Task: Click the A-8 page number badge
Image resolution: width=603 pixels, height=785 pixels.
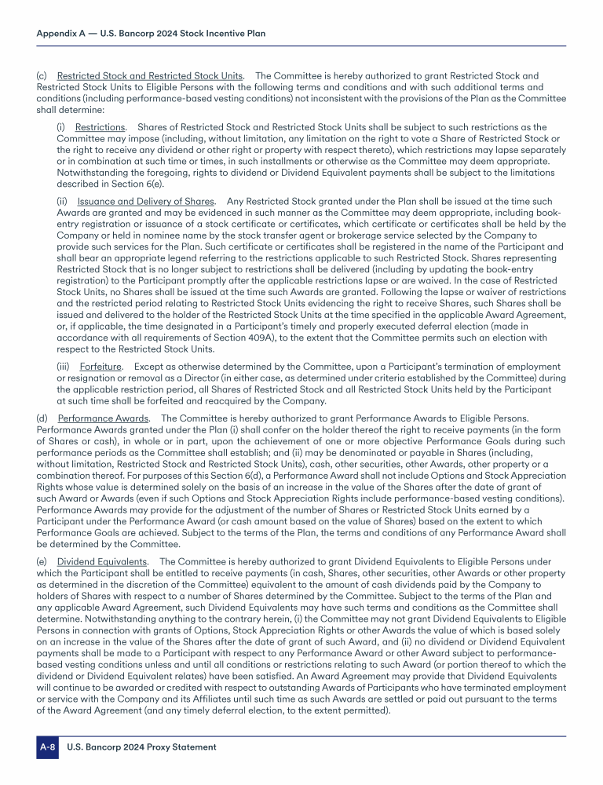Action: click(47, 747)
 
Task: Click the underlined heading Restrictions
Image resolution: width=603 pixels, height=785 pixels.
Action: click(100, 127)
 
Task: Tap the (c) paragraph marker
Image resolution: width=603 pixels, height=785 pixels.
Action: click(42, 76)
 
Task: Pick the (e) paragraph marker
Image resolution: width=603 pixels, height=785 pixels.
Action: click(42, 561)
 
